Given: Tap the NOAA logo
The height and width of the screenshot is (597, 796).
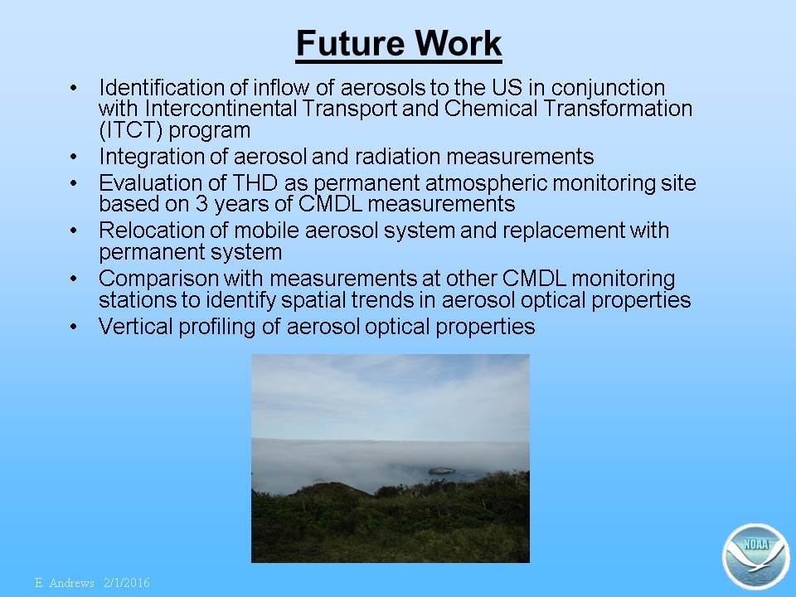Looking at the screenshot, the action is click(756, 556).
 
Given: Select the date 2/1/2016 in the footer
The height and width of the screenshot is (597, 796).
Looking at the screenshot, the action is click(127, 582).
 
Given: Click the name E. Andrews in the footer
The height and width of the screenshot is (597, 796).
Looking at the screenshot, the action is click(65, 582).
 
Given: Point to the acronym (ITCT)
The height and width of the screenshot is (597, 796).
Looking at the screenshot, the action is click(130, 130).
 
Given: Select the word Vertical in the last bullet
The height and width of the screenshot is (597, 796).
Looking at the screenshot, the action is click(135, 327).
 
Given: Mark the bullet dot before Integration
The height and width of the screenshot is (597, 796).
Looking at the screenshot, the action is click(74, 157).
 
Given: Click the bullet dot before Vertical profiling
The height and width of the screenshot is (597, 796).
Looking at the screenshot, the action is click(74, 327).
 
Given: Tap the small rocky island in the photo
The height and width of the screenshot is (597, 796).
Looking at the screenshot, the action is click(441, 471).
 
